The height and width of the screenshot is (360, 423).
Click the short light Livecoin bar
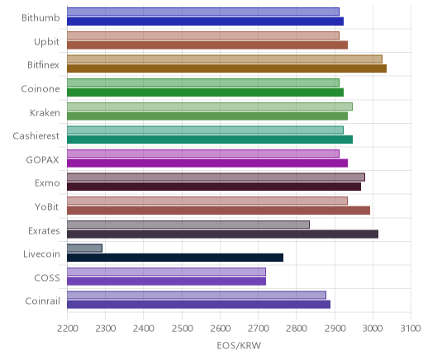tap(84, 248)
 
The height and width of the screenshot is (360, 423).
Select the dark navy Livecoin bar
tap(175, 258)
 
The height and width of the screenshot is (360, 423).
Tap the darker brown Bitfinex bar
tap(226, 69)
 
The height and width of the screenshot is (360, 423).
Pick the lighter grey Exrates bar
tap(188, 225)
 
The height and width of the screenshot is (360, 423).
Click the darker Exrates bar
tap(222, 234)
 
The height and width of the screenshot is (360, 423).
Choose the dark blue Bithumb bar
tap(205, 21)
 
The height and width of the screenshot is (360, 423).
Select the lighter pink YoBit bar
tap(207, 201)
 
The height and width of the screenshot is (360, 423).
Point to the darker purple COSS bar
tap(166, 282)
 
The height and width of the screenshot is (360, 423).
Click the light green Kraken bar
tap(210, 107)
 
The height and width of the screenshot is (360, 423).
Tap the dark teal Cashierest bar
tap(210, 140)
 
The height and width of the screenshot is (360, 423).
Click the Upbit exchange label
tap(46, 42)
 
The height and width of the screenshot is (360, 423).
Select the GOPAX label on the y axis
tap(42, 159)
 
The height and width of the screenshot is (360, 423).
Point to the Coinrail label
tap(42, 301)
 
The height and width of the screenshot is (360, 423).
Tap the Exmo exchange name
tap(47, 183)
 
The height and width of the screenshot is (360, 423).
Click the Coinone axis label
tap(40, 89)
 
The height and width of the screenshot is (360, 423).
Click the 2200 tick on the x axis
tap(67, 329)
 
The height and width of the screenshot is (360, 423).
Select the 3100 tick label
tap(411, 329)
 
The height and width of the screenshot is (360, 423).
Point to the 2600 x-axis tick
tap(220, 329)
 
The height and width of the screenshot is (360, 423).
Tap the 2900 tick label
tap(335, 329)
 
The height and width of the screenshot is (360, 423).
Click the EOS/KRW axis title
tap(239, 345)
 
